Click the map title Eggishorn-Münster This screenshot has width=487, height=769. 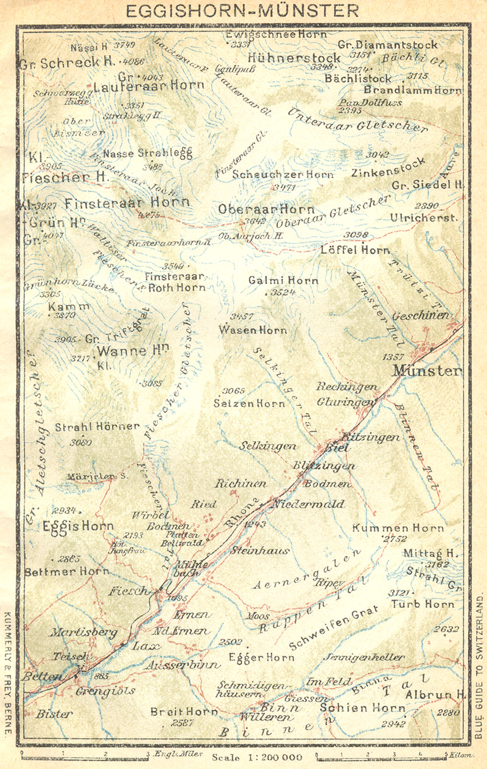pyautogui.click(x=242, y=11)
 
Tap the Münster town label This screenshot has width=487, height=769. pyautogui.click(x=427, y=371)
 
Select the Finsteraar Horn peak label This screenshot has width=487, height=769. pyautogui.click(x=127, y=203)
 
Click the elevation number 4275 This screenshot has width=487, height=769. pyautogui.click(x=149, y=215)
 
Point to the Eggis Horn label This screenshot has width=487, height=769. pyautogui.click(x=77, y=526)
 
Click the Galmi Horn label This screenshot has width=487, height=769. pyautogui.click(x=283, y=280)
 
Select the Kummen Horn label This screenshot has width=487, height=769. pyautogui.click(x=398, y=528)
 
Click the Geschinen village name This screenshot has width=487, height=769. pyautogui.click(x=421, y=316)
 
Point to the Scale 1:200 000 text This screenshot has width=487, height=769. pyautogui.click(x=257, y=757)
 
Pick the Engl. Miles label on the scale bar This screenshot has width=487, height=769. pyautogui.click(x=177, y=754)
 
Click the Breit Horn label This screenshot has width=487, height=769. pyautogui.click(x=184, y=711)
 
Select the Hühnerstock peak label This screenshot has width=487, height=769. pyautogui.click(x=294, y=58)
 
